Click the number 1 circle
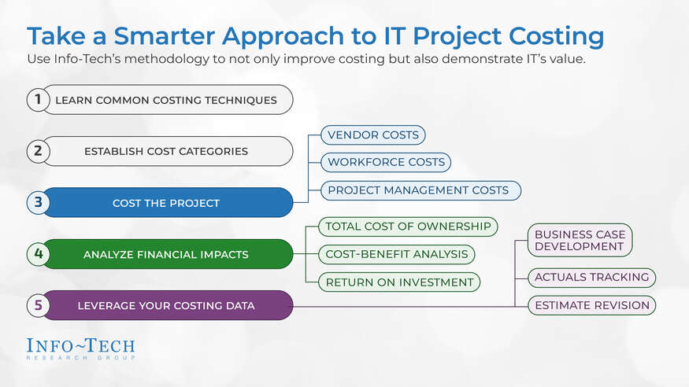pyautogui.click(x=37, y=100)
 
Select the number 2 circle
pyautogui.click(x=37, y=151)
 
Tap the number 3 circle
pyautogui.click(x=37, y=203)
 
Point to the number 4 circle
pyautogui.click(x=37, y=254)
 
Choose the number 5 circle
pyautogui.click(x=37, y=305)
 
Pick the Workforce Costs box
pyautogui.click(x=386, y=162)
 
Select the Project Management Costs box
pyautogui.click(x=418, y=190)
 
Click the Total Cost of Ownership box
pyautogui.click(x=408, y=227)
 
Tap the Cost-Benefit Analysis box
pyautogui.click(x=397, y=254)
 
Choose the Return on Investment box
pyautogui.click(x=400, y=282)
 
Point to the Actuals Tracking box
pyautogui.click(x=591, y=277)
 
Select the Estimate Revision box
pyautogui.click(x=591, y=305)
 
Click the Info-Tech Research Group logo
pyautogui.click(x=80, y=348)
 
